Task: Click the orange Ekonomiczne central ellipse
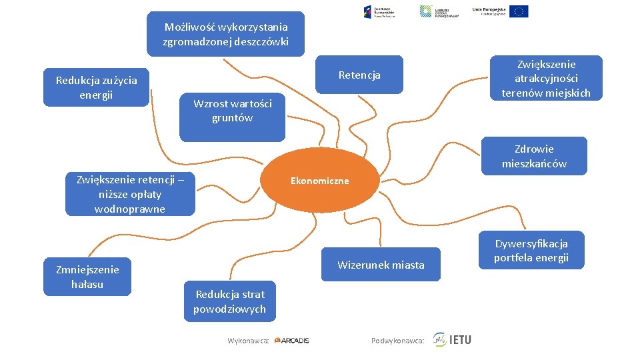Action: [x=319, y=181]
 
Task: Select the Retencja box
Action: [x=359, y=75]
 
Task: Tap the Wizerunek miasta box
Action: [x=381, y=265]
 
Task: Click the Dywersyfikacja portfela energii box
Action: [x=531, y=251]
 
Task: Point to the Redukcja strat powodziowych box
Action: [x=229, y=301]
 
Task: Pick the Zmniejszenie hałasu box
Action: [x=87, y=277]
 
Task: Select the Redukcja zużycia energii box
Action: [x=96, y=87]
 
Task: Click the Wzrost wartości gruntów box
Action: [x=232, y=111]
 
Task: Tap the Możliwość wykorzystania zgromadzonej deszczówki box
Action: [x=225, y=34]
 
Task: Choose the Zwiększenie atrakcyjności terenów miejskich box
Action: [x=546, y=78]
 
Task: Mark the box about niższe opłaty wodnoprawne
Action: [x=130, y=194]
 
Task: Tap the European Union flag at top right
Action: [x=519, y=11]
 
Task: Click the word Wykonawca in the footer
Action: [x=247, y=341]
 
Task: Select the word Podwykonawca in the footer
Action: [x=397, y=341]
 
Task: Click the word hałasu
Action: [x=87, y=285]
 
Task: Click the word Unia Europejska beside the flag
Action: [x=489, y=10]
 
